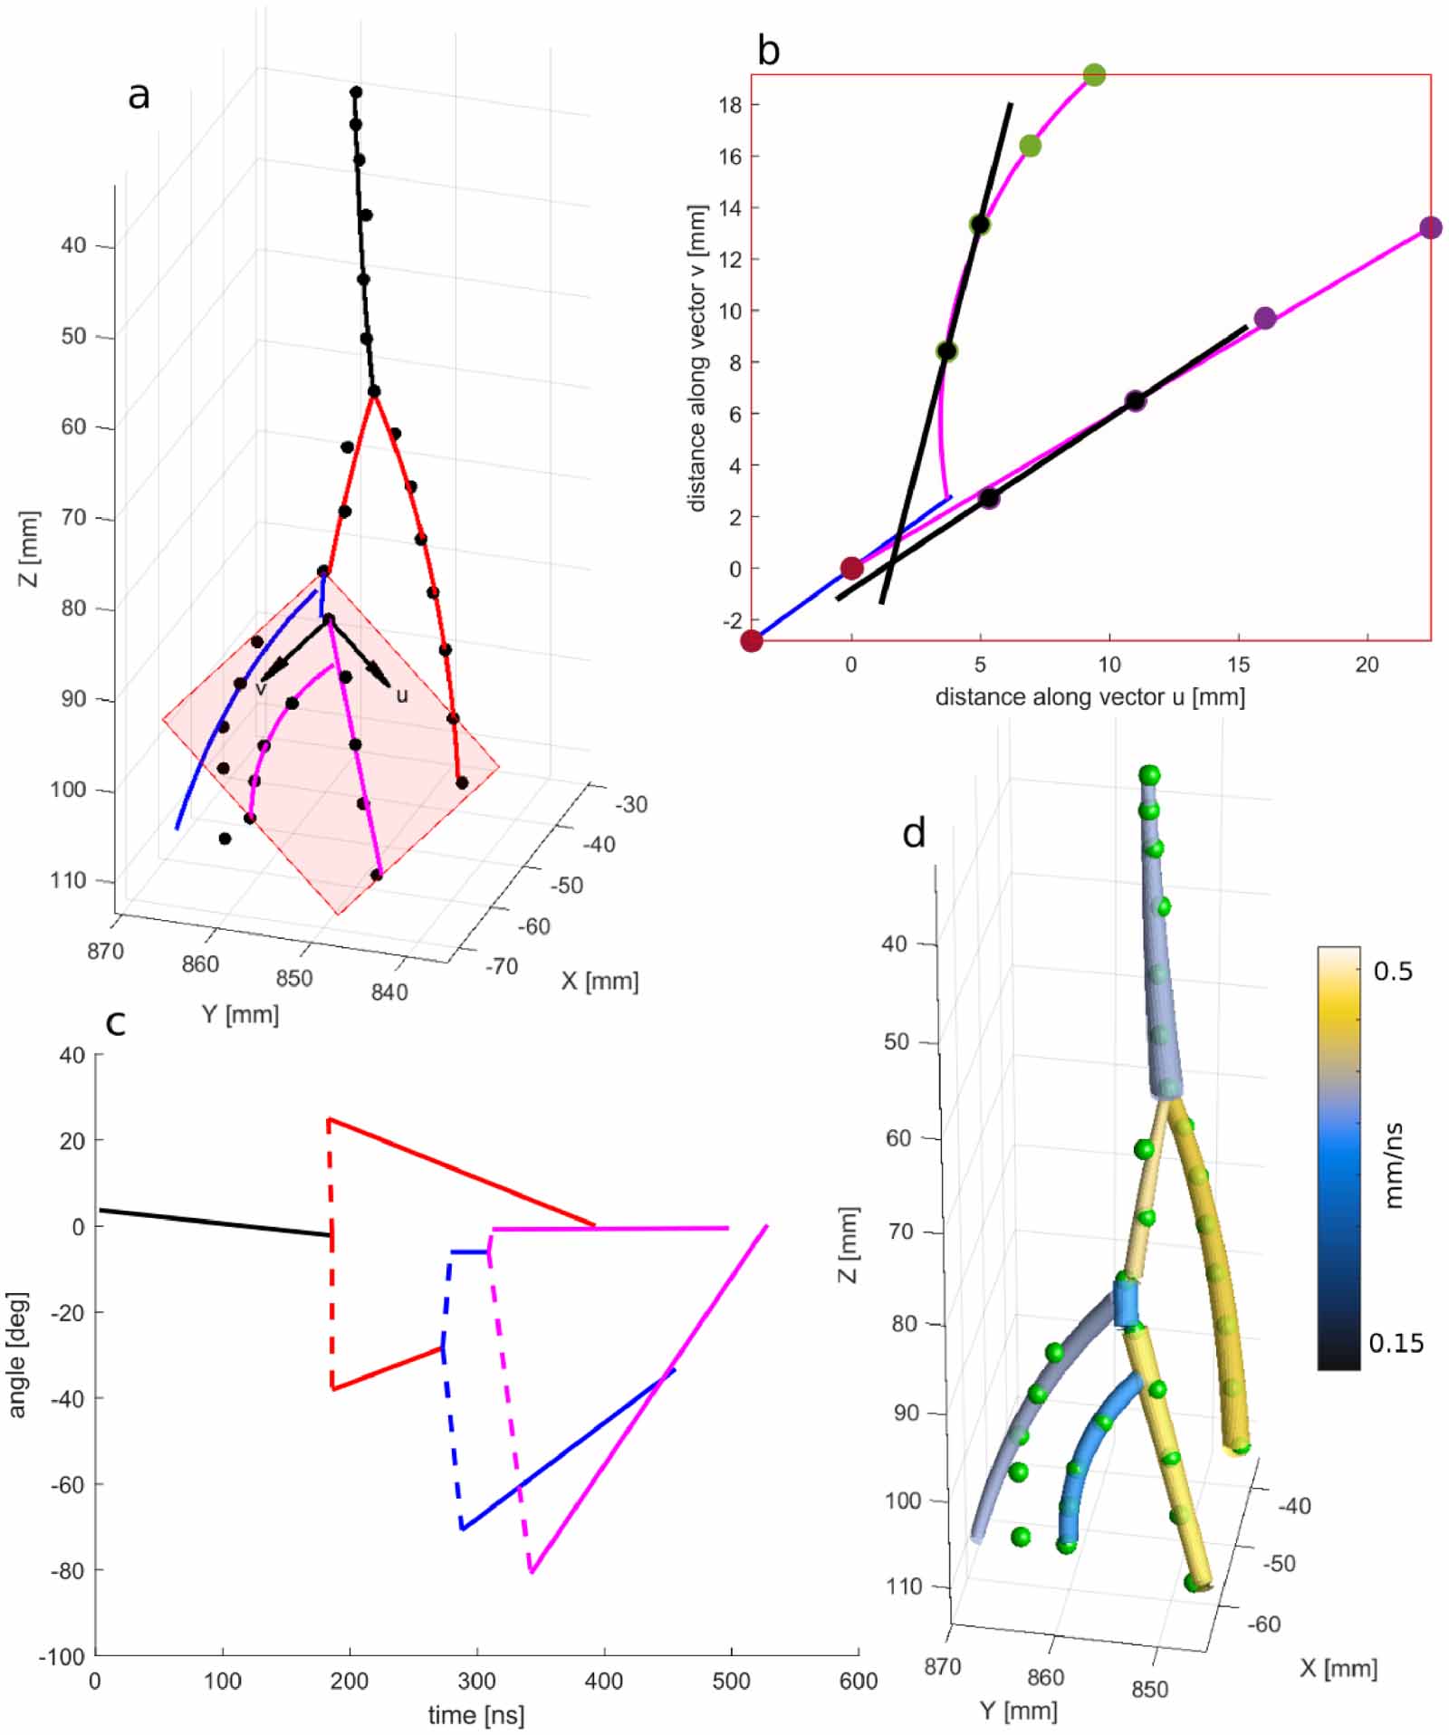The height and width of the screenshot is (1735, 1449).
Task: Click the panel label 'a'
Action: (x=139, y=95)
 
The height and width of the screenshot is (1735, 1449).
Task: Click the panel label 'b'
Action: (x=768, y=52)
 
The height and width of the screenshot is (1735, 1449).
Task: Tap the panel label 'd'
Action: (x=914, y=832)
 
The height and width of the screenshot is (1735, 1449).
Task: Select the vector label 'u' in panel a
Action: (x=402, y=695)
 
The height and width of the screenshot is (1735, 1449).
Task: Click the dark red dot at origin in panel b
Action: (x=851, y=568)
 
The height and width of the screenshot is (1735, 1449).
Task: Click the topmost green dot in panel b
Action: (x=1094, y=74)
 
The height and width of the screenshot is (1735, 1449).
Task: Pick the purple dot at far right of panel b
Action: (x=1430, y=227)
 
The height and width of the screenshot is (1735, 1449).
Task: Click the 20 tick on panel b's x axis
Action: (x=1367, y=665)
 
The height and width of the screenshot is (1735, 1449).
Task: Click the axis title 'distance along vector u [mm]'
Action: (x=1089, y=696)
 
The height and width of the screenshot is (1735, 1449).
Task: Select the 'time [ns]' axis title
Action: (x=476, y=1714)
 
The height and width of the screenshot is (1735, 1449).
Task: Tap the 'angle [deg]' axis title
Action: (x=18, y=1355)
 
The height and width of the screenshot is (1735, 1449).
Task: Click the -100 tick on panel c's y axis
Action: (x=61, y=1656)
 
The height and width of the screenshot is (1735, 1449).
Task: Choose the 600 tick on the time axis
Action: (x=858, y=1682)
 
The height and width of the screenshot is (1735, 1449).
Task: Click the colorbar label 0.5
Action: (x=1393, y=971)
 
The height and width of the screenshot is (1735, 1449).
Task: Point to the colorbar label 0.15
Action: (x=1396, y=1343)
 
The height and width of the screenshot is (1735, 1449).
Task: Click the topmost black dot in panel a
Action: (x=356, y=91)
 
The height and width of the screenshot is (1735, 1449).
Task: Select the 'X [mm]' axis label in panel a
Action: (x=600, y=981)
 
